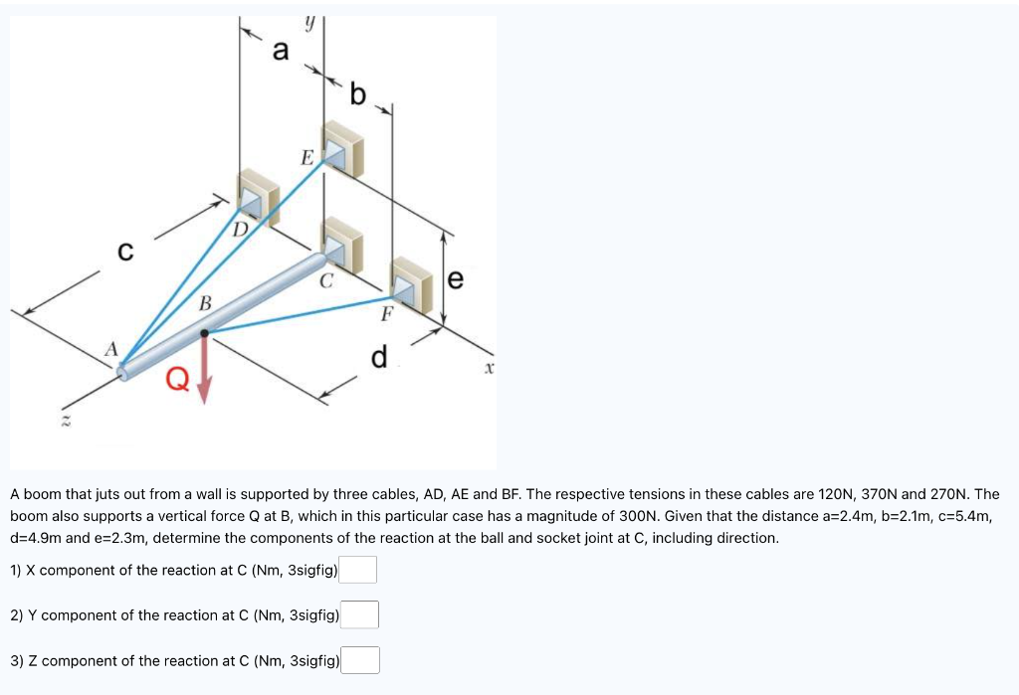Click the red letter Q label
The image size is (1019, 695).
(177, 379)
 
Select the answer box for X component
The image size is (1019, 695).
(359, 570)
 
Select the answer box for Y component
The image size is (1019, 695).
(361, 615)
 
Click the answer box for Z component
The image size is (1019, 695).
(361, 660)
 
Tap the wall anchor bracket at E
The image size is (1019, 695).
(341, 150)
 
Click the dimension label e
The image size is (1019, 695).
(456, 281)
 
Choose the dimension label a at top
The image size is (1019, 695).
(282, 51)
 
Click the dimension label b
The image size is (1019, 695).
(358, 95)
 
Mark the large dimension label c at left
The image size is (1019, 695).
(125, 253)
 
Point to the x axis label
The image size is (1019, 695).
(489, 368)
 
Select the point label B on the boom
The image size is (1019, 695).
(205, 302)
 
